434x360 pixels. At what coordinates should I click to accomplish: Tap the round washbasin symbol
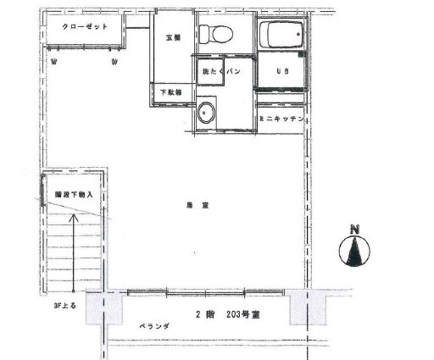(x=206, y=112)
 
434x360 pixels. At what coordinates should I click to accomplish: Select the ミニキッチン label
(x=281, y=119)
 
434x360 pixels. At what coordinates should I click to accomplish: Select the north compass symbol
(x=355, y=252)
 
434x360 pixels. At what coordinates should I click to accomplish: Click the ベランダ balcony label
(x=155, y=325)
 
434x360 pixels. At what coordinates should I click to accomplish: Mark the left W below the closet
(x=53, y=62)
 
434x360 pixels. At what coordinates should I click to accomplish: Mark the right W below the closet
(x=114, y=62)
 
